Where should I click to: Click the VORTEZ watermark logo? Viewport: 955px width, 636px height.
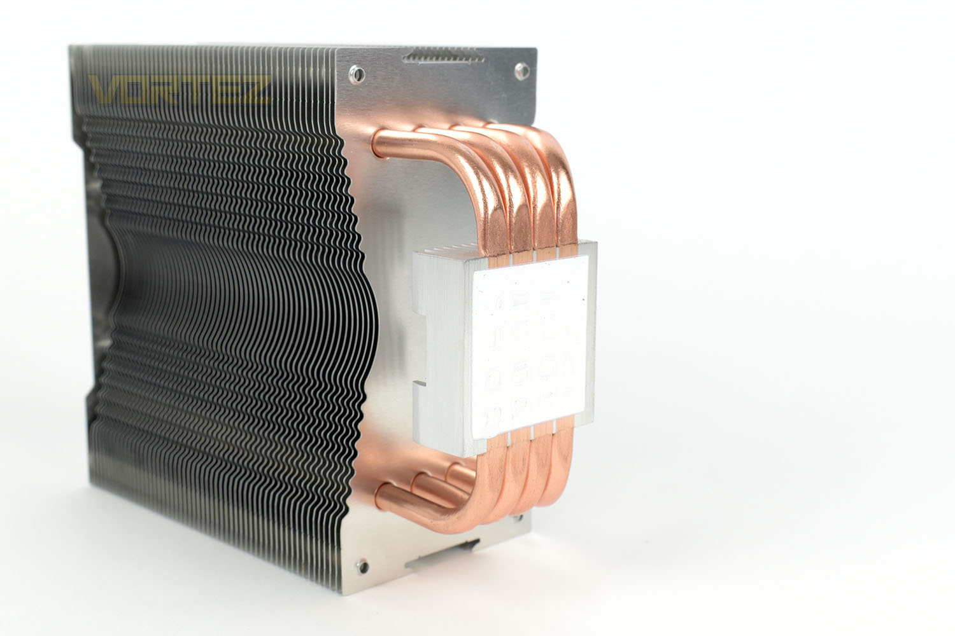tap(180, 90)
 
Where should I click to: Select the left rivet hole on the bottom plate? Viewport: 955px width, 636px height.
tap(364, 566)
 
